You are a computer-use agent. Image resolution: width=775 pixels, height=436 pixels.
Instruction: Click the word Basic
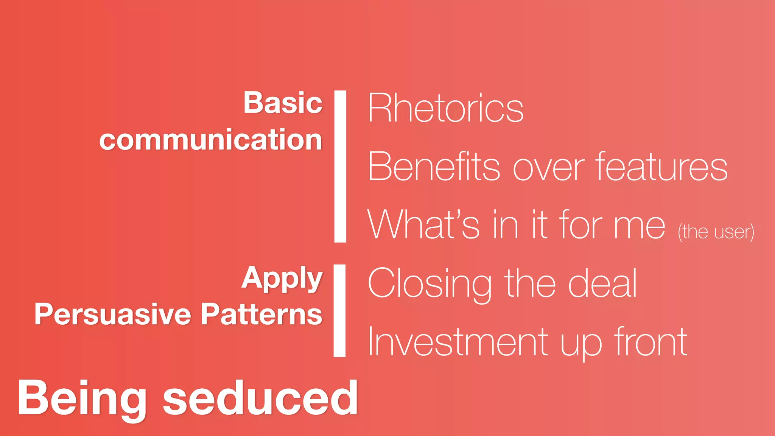pyautogui.click(x=283, y=103)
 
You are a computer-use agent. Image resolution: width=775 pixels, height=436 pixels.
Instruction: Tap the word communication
pyautogui.click(x=211, y=140)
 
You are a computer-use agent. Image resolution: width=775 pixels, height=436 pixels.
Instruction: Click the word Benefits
pyautogui.click(x=434, y=167)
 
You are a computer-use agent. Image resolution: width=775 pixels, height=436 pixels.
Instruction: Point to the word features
pyautogui.click(x=661, y=166)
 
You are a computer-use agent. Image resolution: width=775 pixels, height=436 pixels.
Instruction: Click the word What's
pyautogui.click(x=423, y=225)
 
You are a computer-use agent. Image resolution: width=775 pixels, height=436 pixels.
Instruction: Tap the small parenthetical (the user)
pyautogui.click(x=716, y=232)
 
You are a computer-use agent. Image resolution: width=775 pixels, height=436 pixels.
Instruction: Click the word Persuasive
pyautogui.click(x=113, y=315)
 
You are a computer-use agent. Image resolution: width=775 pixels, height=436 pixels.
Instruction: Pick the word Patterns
pyautogui.click(x=261, y=315)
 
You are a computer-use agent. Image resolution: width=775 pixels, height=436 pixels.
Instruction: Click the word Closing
pyautogui.click(x=430, y=284)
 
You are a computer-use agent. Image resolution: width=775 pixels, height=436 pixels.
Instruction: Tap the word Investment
pyautogui.click(x=458, y=342)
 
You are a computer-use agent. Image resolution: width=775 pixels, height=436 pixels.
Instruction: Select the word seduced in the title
pyautogui.click(x=260, y=398)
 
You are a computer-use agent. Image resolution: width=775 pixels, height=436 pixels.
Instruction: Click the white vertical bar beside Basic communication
pyautogui.click(x=340, y=166)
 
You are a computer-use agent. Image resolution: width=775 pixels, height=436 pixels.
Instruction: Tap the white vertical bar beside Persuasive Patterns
pyautogui.click(x=339, y=310)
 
